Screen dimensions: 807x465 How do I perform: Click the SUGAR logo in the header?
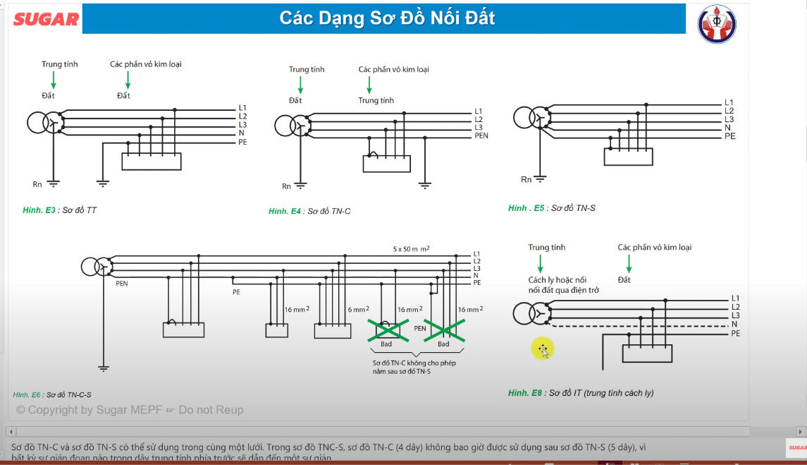tap(47, 19)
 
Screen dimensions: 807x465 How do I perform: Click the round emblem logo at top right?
tap(716, 24)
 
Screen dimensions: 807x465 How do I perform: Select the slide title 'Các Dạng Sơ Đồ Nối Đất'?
tap(387, 18)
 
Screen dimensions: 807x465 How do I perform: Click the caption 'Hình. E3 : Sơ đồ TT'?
tap(60, 210)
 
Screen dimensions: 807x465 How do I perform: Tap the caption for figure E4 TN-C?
tap(309, 211)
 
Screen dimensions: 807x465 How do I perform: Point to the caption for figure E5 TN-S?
tap(552, 208)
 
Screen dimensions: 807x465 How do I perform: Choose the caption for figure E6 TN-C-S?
tap(52, 394)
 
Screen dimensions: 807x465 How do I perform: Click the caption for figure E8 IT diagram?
tap(581, 393)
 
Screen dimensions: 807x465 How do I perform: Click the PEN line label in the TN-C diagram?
tap(481, 135)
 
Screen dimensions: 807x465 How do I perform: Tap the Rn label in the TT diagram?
tap(37, 184)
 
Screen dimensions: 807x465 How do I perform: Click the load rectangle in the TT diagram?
tap(152, 162)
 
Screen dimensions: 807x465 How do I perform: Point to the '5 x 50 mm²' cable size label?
tap(412, 249)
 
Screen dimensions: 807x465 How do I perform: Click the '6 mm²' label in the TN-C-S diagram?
tap(359, 310)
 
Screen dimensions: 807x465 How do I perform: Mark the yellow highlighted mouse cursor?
tap(543, 349)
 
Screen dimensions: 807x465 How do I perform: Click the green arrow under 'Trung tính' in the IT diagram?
tap(541, 263)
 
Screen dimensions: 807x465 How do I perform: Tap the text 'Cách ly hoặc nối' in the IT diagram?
tap(557, 280)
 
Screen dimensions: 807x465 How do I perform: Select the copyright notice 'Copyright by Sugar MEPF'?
tap(130, 410)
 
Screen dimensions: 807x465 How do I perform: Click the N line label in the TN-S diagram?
tap(727, 128)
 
